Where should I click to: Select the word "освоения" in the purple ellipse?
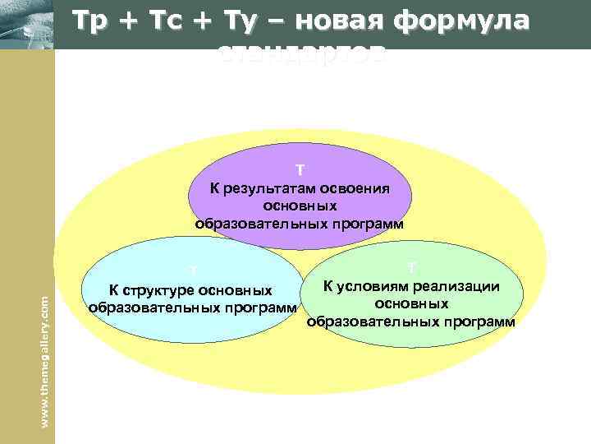(359, 188)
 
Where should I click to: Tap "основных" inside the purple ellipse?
(300, 206)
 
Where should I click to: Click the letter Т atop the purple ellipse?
(300, 170)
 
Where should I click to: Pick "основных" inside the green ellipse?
(411, 303)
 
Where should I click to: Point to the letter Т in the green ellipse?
(412, 268)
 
